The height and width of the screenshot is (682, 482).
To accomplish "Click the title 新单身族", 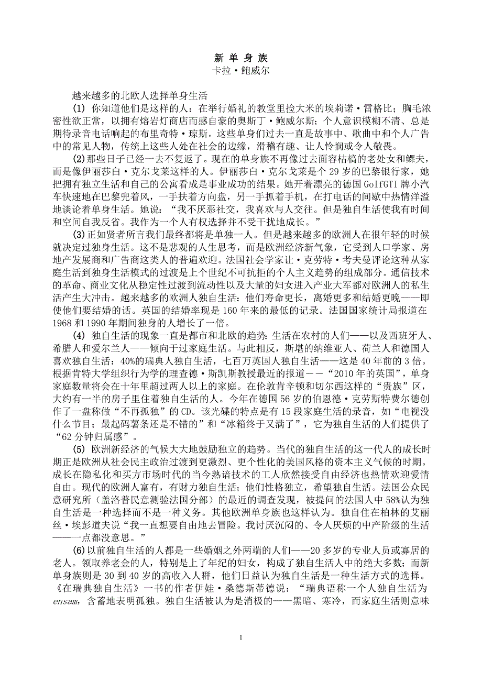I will pyautogui.click(x=241, y=58).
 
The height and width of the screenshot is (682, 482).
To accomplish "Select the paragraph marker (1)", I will pyautogui.click(x=78, y=109).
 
